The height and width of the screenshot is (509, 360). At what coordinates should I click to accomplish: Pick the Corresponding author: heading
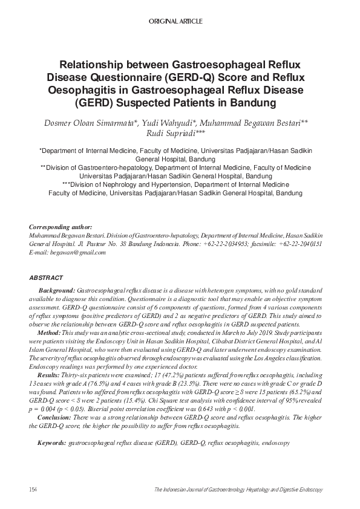point(61,227)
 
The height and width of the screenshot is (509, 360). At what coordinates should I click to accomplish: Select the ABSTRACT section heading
point(46,277)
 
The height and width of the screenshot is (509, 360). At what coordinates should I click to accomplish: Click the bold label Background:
point(57,291)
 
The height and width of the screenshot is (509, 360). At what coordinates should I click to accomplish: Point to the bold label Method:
point(49,333)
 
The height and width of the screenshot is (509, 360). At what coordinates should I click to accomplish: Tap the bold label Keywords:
point(51,443)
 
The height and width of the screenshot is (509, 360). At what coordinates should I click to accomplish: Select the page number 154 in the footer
point(34,488)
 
